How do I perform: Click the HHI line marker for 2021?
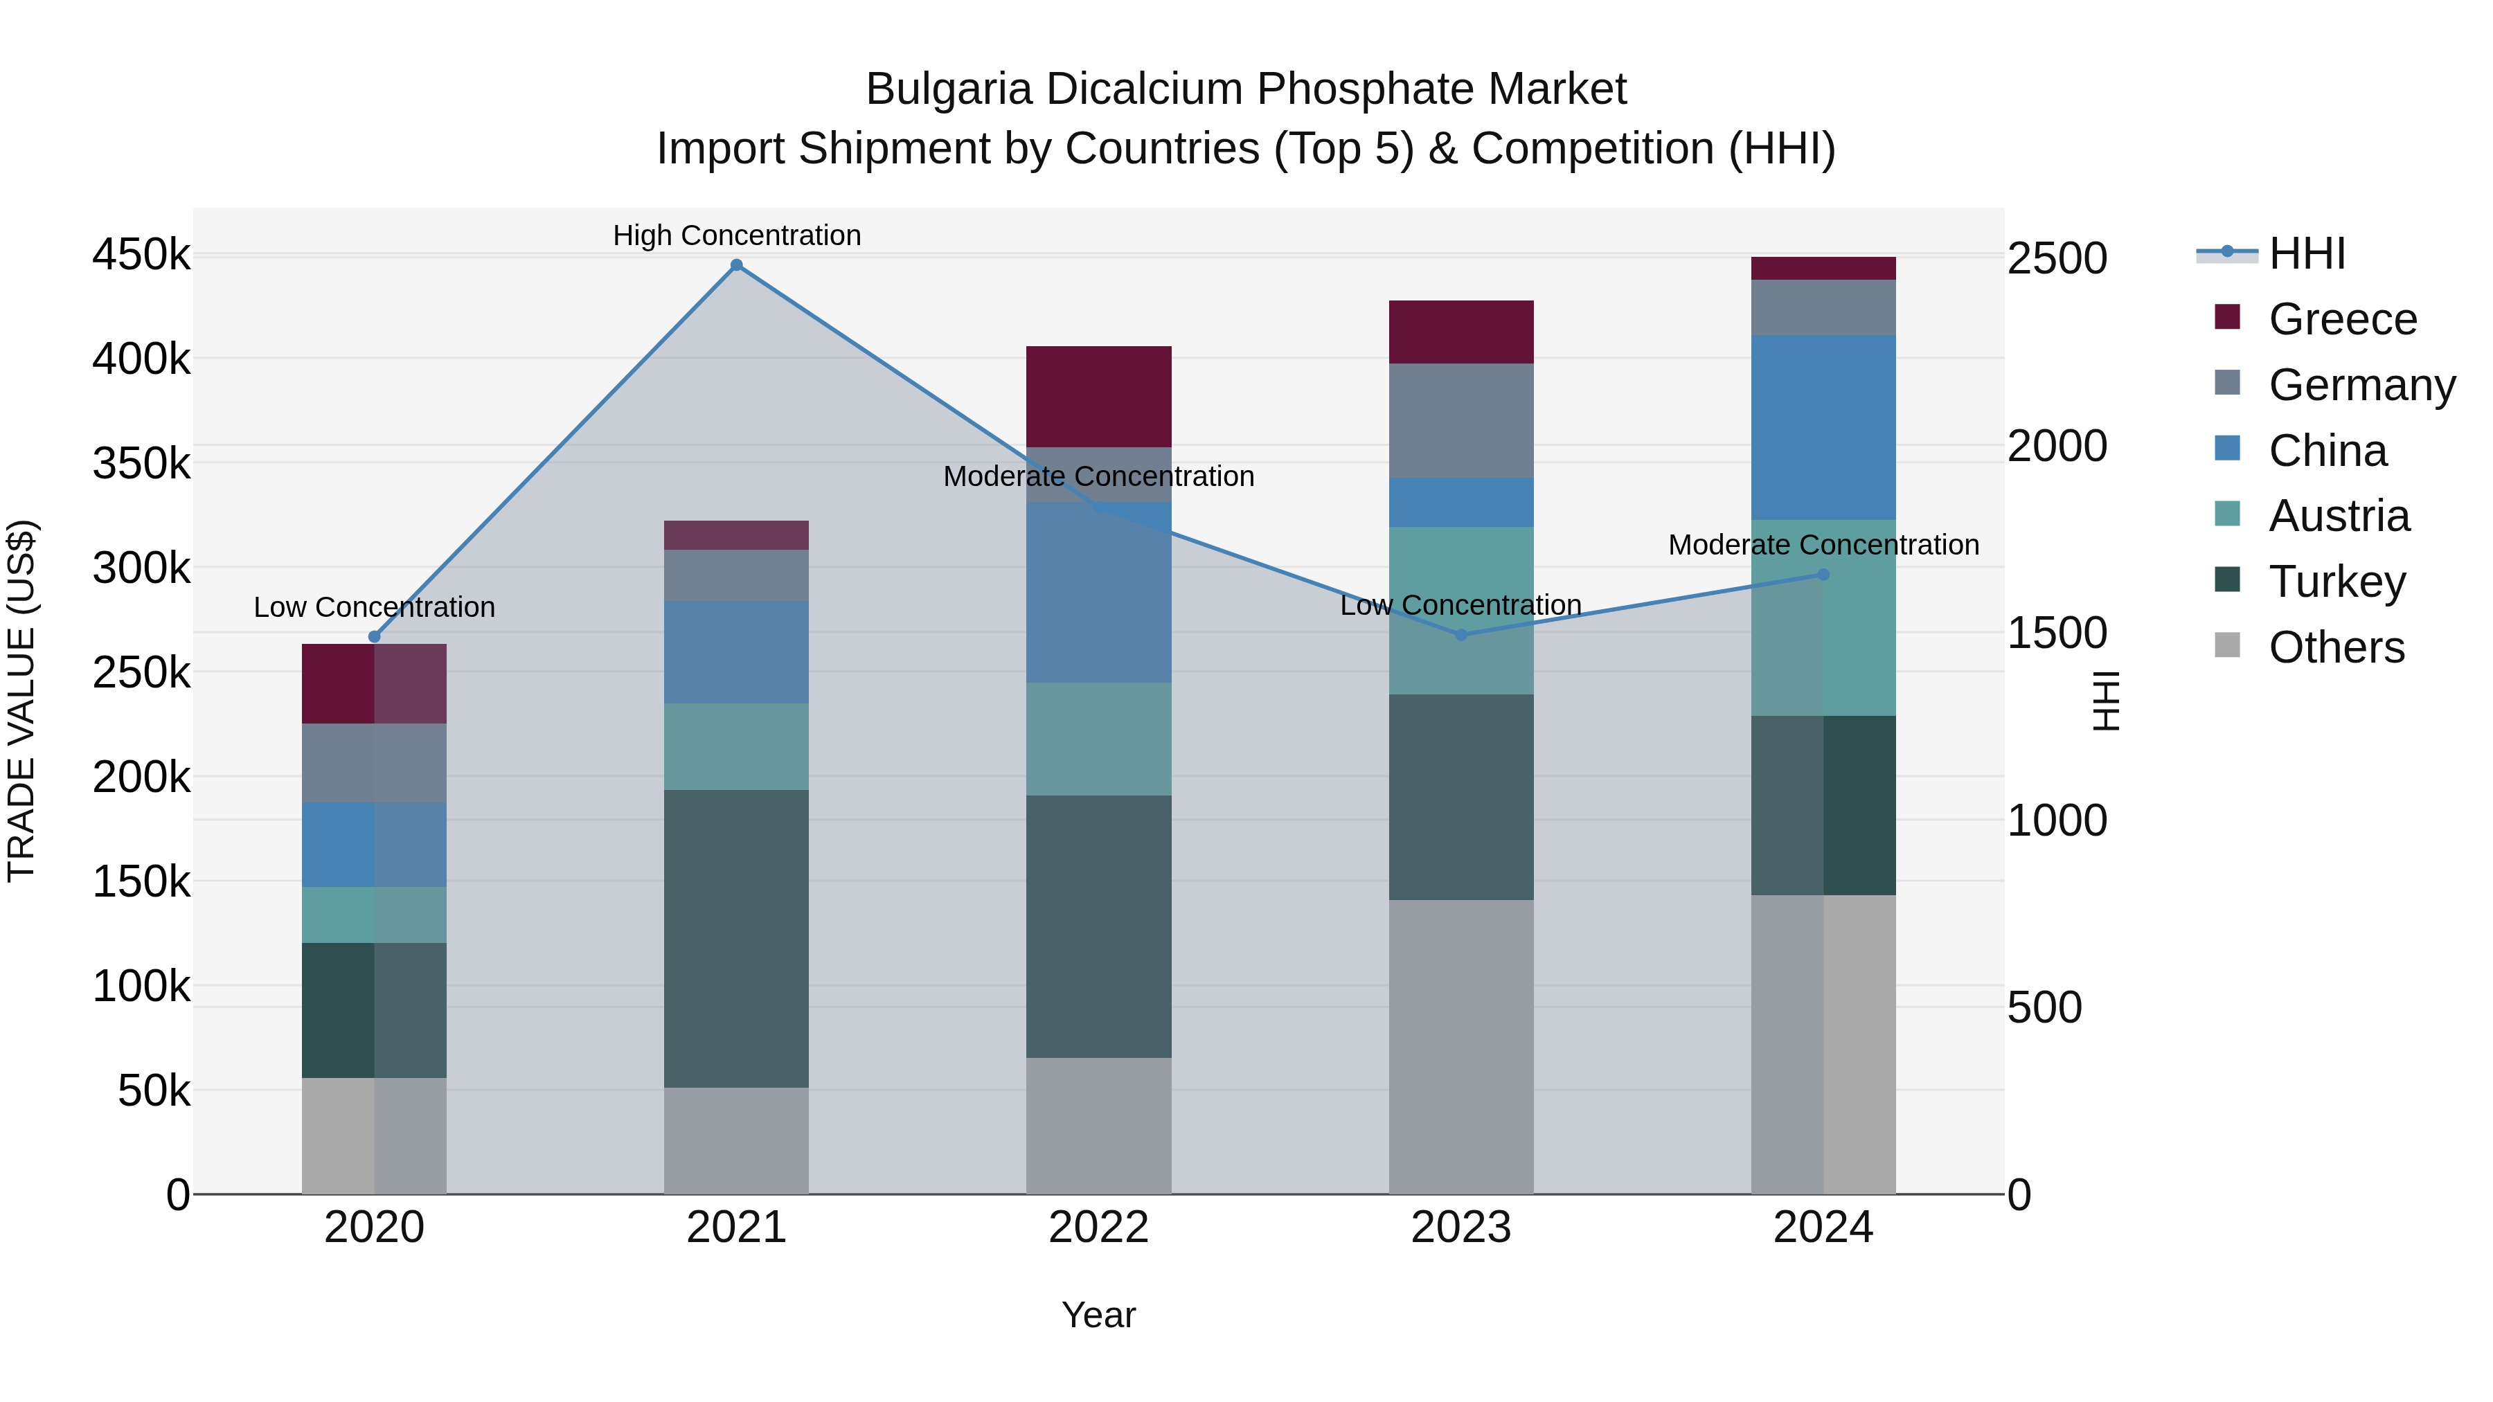pyautogui.click(x=737, y=265)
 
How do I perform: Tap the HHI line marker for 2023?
pyautogui.click(x=1461, y=635)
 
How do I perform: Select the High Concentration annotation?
pyautogui.click(x=737, y=235)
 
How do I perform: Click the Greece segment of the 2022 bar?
pyautogui.click(x=1098, y=396)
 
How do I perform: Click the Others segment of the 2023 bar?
pyautogui.click(x=1461, y=1046)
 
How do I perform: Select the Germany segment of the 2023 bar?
pyautogui.click(x=1461, y=420)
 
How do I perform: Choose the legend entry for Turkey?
pyautogui.click(x=2336, y=582)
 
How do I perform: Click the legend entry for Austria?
pyautogui.click(x=2338, y=516)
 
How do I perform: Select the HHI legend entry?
pyautogui.click(x=2306, y=253)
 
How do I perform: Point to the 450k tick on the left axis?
pyautogui.click(x=141, y=255)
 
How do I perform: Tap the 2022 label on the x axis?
pyautogui.click(x=1098, y=1227)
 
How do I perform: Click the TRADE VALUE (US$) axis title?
pyautogui.click(x=21, y=701)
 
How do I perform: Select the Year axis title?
pyautogui.click(x=1098, y=1315)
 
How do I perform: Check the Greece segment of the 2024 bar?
pyautogui.click(x=1823, y=268)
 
